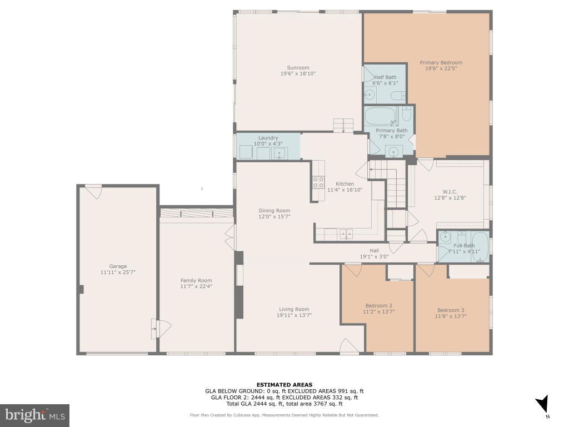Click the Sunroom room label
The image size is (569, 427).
298,67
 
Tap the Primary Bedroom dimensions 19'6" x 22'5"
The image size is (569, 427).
441,68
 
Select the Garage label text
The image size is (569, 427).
118,266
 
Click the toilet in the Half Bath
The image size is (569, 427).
398,96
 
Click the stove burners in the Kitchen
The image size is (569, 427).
318,182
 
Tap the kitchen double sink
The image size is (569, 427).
346,234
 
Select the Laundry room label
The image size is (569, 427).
268,138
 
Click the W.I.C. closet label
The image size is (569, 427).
450,192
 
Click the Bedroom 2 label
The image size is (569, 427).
378,306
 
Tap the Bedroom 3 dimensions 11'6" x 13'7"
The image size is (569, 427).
451,316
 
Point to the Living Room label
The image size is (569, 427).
294,309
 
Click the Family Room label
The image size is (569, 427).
196,280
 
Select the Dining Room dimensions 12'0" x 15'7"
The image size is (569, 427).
274,216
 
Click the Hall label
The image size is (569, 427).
374,251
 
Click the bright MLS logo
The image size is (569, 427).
35,415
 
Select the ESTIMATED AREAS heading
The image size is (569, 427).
284,385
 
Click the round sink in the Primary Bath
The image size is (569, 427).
393,151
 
